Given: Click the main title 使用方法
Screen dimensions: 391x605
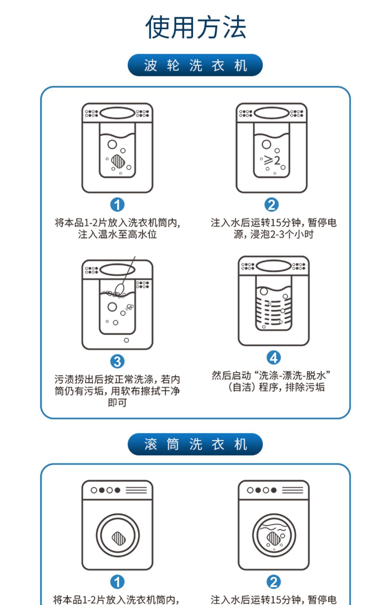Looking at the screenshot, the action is (195, 27).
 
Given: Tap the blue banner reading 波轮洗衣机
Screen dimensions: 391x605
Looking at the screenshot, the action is (195, 65).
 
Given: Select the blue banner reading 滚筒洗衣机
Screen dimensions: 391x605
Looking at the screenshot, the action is (195, 444).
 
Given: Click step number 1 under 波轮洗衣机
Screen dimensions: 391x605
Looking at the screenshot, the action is (117, 205).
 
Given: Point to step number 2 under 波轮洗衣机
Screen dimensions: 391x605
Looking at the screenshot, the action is (272, 205).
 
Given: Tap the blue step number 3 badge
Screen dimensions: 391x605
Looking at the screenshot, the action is (117, 361).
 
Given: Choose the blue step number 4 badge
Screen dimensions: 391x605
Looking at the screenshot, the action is (273, 358).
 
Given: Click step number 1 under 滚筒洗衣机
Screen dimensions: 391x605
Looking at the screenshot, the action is (117, 582).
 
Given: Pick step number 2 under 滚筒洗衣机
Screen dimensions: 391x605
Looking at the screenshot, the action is (273, 582).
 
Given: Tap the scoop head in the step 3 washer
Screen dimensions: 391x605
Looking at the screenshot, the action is (119, 288).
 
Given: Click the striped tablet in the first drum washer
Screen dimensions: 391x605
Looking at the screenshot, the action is (119, 538).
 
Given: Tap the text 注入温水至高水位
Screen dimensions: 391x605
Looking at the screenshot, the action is (117, 234).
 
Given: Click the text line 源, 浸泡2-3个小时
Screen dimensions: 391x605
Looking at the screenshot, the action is (273, 234).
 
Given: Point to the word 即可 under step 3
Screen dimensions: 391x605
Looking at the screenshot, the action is (117, 403).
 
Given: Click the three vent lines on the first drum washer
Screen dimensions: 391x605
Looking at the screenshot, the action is (136, 490).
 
